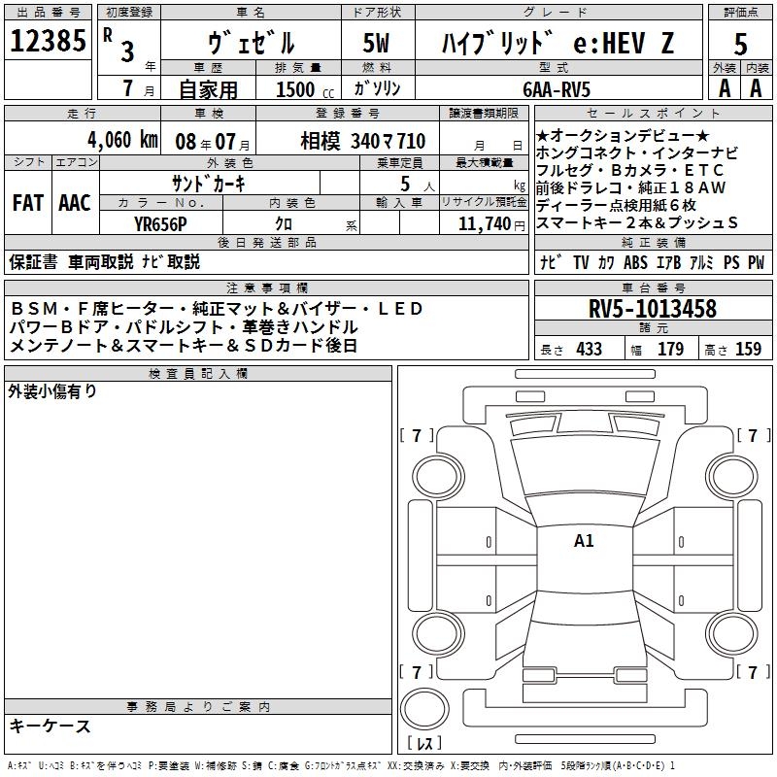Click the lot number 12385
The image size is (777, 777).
coord(48,41)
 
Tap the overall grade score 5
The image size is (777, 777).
coord(740,44)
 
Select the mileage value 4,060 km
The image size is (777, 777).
coord(123,140)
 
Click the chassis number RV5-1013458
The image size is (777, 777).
coord(653,309)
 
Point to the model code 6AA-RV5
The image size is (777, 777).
coord(557,89)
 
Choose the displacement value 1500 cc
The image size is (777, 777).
coord(305,89)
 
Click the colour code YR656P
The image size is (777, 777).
coord(160,224)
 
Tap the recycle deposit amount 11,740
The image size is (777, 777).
coord(485,224)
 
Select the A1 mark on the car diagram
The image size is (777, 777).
coord(584,541)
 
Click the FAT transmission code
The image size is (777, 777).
coord(28,203)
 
